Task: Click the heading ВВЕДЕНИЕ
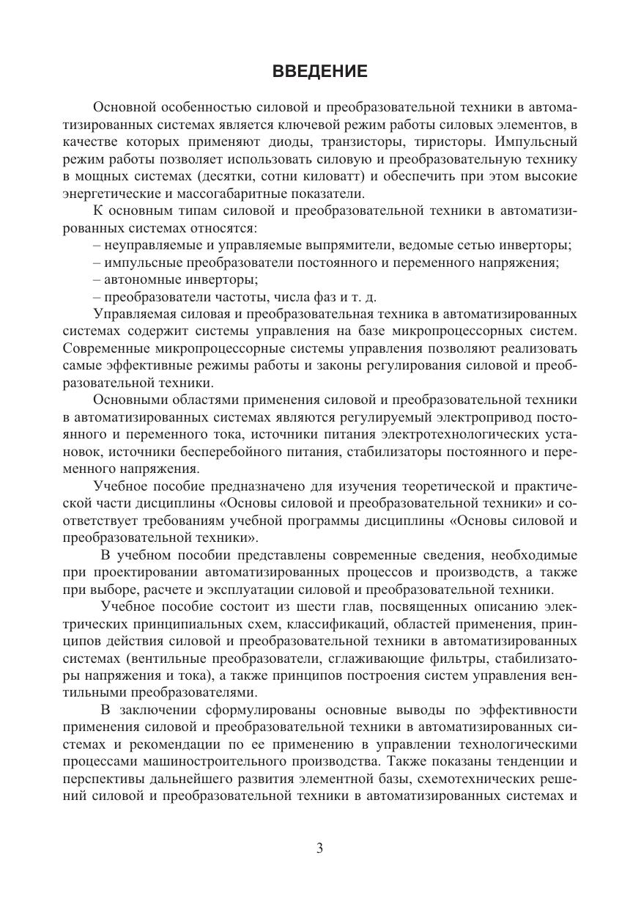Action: [319, 71]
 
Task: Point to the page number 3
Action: [319, 848]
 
